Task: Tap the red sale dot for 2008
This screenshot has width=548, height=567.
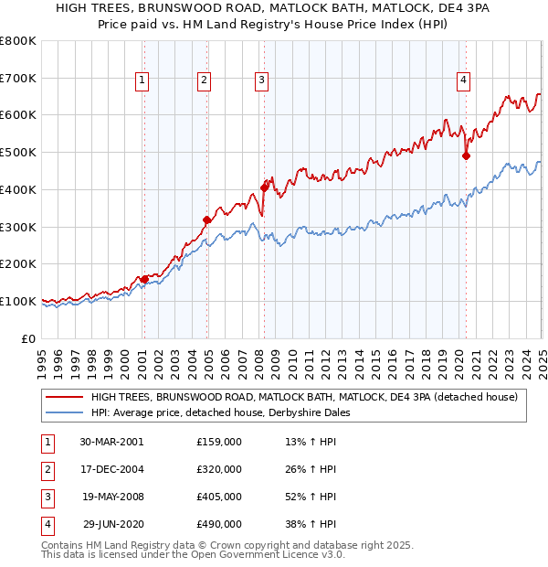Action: tap(264, 187)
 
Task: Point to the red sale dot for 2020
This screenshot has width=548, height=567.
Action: tap(466, 155)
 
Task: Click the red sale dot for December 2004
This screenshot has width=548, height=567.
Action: tap(207, 219)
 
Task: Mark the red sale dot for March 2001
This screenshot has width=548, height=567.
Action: tap(144, 279)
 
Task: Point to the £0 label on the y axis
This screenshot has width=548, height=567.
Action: tap(29, 338)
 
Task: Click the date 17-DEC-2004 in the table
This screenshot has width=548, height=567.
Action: tap(111, 469)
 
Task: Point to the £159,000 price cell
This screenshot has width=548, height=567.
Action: tap(219, 442)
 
